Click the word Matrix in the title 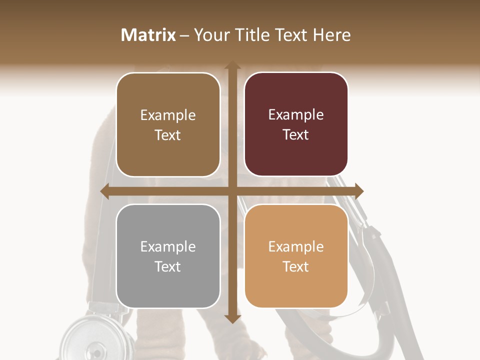pyautogui.click(x=148, y=35)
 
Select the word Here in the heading pyautogui.click(x=332, y=35)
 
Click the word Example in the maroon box pyautogui.click(x=296, y=115)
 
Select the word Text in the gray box pyautogui.click(x=168, y=266)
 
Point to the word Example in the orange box pyautogui.click(x=296, y=246)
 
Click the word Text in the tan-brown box pyautogui.click(x=168, y=135)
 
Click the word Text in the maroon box pyautogui.click(x=296, y=135)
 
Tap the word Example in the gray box pyautogui.click(x=168, y=246)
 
